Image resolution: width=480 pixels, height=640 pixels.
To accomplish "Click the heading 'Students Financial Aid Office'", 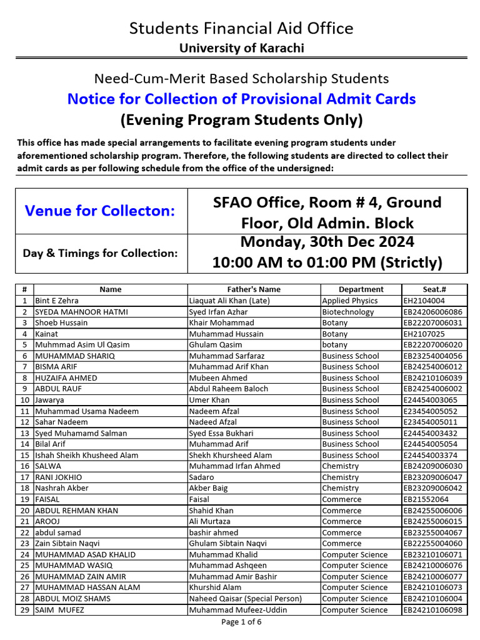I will point(241,28).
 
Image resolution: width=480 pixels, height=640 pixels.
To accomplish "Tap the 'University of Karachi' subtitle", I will point(241,48).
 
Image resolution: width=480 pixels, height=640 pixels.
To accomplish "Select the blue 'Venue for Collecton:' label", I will point(100,211).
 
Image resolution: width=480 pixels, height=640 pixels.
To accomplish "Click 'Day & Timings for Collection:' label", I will point(100,253).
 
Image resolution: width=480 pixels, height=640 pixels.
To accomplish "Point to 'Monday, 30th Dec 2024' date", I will point(327,242).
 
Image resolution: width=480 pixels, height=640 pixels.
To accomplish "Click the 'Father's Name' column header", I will point(253,289).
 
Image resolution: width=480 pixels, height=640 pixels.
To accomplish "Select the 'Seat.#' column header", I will point(434,289).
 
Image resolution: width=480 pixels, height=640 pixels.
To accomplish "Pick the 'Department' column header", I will point(361,289).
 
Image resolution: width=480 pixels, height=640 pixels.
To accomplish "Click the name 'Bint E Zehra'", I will point(57,301).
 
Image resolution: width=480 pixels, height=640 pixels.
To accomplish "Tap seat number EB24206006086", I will point(433,312).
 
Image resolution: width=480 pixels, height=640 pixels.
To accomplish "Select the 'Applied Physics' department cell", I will point(349,301).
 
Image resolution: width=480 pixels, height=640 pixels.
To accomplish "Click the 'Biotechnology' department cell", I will point(347,312).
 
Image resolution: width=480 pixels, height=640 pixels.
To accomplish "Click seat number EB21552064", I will point(426,499).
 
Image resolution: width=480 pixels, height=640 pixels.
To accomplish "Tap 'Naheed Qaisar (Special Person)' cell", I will point(245,599).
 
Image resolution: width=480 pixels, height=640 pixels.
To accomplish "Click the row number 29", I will point(24,610).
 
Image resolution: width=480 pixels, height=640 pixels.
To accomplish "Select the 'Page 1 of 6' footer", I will point(241,622).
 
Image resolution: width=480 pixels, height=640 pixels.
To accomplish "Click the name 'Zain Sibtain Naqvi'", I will point(67,544).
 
